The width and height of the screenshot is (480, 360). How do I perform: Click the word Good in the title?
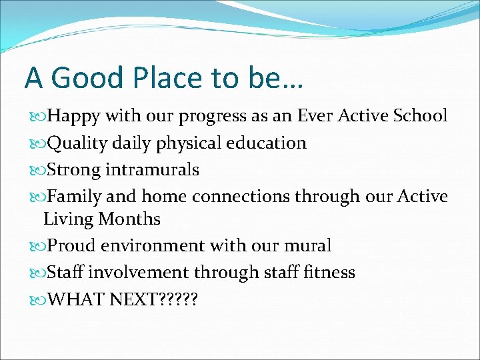tap(85, 78)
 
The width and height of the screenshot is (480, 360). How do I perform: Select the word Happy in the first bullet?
tap(73, 116)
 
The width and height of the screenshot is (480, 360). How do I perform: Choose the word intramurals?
tap(153, 170)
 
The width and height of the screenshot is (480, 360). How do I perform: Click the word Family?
tap(75, 197)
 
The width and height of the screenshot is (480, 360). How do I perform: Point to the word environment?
tap(153, 246)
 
